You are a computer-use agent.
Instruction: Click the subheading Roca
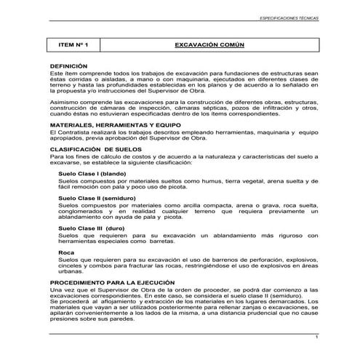click(65, 252)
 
